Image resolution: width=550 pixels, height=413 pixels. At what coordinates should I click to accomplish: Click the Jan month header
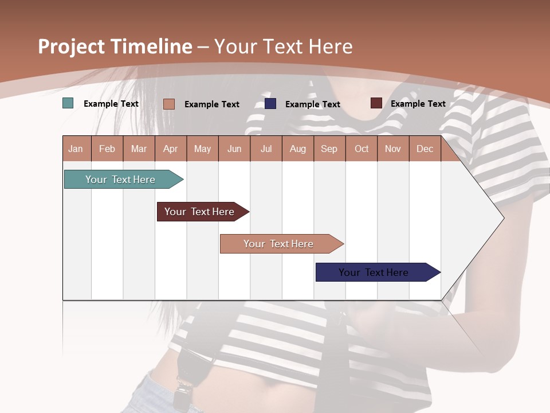[76, 149]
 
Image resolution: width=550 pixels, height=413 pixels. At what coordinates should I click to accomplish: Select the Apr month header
[171, 149]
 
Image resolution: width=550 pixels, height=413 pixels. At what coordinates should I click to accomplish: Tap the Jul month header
[266, 149]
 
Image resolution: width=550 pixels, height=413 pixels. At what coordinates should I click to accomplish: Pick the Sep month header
[329, 149]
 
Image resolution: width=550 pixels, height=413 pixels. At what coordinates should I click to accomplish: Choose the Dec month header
[425, 149]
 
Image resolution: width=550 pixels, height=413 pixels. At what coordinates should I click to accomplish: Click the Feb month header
[107, 149]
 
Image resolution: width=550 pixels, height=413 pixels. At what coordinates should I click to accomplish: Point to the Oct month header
[362, 149]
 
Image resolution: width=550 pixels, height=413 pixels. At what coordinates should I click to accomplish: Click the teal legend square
[68, 103]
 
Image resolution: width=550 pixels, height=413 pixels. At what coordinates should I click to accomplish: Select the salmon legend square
[169, 104]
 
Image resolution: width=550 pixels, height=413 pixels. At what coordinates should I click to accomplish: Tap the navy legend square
[270, 103]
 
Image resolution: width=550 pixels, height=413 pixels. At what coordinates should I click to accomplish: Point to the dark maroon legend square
[376, 103]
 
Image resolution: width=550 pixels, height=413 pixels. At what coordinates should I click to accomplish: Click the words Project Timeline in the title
[115, 46]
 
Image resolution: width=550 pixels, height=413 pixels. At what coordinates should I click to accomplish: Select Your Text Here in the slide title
[283, 46]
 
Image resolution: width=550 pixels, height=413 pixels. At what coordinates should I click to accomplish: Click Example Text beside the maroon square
[418, 104]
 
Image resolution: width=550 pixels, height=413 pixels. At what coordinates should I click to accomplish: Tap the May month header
[202, 149]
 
